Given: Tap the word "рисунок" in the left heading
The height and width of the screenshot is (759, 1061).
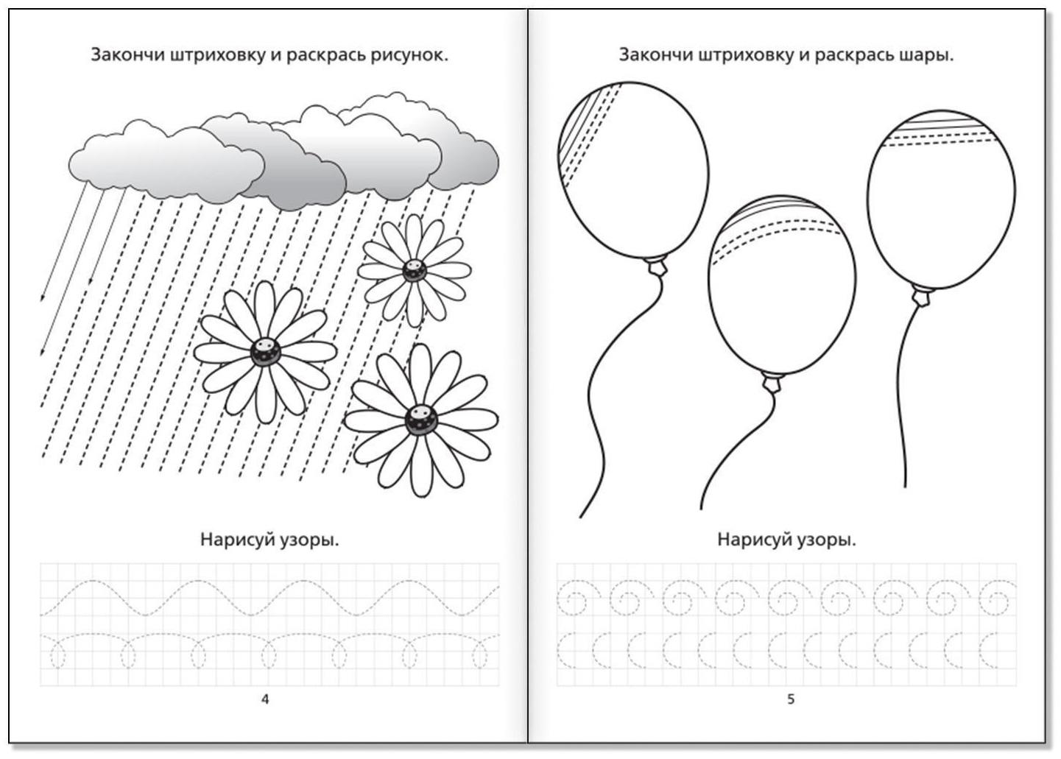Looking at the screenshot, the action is [x=407, y=55].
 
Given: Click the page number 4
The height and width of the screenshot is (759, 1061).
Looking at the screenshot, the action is [x=265, y=699].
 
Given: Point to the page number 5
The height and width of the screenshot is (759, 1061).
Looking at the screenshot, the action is [x=791, y=699].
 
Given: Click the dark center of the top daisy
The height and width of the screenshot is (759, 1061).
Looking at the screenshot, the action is [x=414, y=271].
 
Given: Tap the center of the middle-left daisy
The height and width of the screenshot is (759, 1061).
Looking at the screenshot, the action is [x=265, y=352].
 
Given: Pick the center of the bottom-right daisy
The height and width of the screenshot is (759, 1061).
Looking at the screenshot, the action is [x=421, y=419].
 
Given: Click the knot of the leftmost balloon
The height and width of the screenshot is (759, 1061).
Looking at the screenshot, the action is [x=658, y=266].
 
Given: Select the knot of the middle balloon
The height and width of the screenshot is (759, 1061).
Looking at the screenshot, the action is [x=772, y=382].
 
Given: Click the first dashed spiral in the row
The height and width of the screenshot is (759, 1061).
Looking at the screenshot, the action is [x=578, y=598].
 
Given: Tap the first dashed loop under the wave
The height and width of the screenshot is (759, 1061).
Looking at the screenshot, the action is [x=57, y=654].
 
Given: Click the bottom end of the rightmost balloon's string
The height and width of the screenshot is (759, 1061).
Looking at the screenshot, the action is [x=905, y=487].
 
